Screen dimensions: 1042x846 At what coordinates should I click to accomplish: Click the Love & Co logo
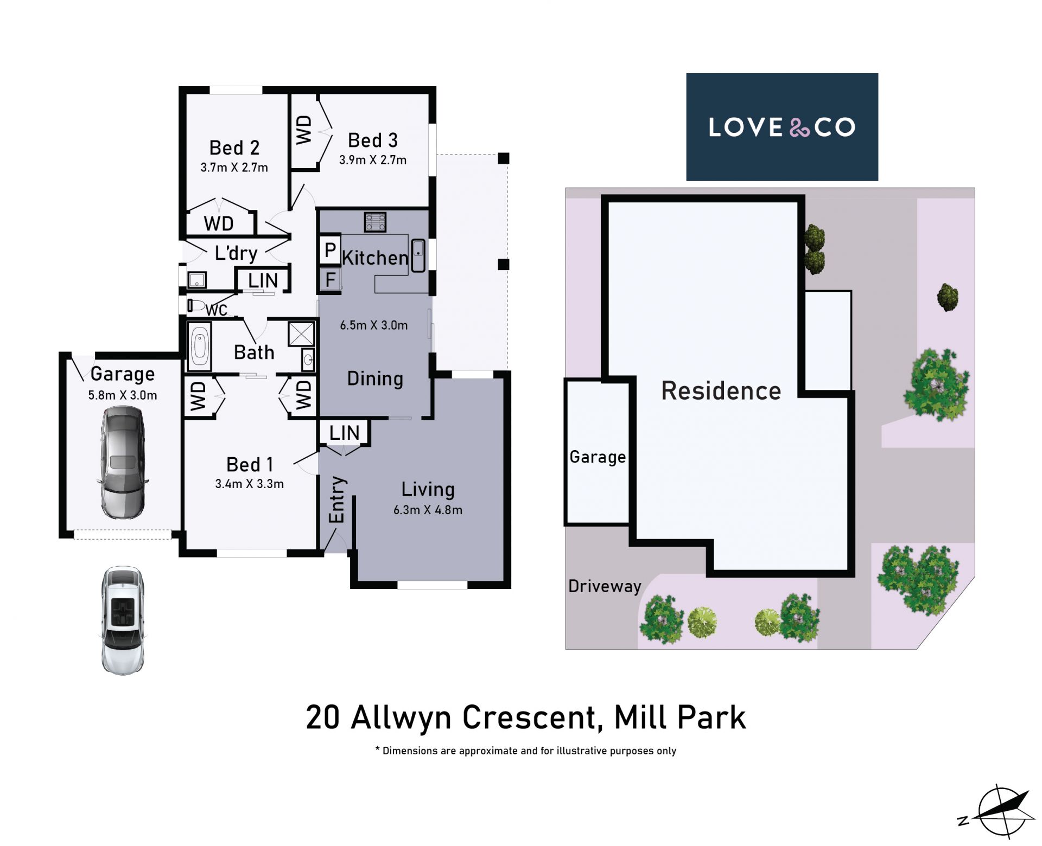click(x=782, y=127)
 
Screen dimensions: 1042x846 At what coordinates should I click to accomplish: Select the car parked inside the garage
click(x=123, y=462)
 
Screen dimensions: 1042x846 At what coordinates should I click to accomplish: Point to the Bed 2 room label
click(x=234, y=148)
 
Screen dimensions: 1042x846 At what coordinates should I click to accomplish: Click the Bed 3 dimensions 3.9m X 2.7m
click(x=373, y=160)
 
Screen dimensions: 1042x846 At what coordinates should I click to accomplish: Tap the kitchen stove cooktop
click(x=375, y=222)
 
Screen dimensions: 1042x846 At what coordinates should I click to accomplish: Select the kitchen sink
click(x=418, y=255)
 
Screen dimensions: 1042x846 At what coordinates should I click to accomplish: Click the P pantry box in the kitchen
click(x=330, y=250)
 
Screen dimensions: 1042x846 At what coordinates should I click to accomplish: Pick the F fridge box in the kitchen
click(x=330, y=280)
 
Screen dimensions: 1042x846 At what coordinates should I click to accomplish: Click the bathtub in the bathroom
click(x=200, y=347)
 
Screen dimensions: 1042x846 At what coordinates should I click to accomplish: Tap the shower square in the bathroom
click(x=301, y=334)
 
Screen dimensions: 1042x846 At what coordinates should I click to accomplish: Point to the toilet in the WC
click(x=195, y=306)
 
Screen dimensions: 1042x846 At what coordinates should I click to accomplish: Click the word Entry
click(x=336, y=500)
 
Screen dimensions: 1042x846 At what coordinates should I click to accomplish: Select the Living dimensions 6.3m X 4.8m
click(x=428, y=510)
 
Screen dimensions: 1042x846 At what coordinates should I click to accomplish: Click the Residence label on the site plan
click(x=721, y=390)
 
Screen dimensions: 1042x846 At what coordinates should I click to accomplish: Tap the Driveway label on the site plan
click(x=605, y=586)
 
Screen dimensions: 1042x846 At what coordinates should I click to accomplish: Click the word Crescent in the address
click(x=531, y=717)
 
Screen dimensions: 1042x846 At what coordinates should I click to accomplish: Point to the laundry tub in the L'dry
click(x=196, y=280)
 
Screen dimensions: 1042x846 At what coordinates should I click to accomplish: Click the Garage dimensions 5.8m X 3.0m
click(x=123, y=395)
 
